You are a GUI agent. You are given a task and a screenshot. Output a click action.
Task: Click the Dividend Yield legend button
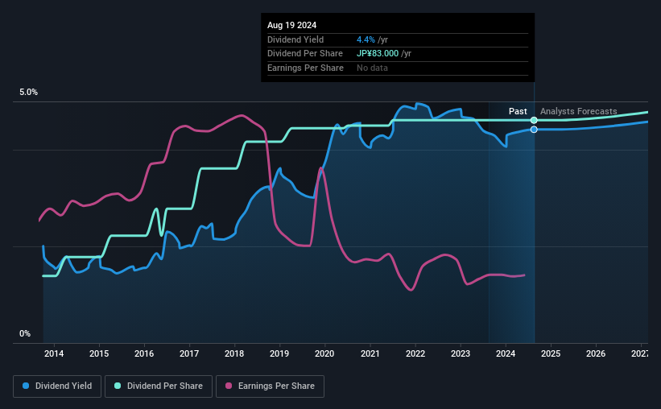click(x=58, y=386)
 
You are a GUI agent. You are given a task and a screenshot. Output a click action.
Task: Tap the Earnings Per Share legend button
click(x=270, y=386)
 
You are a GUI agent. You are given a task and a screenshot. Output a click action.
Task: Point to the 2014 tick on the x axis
click(x=54, y=353)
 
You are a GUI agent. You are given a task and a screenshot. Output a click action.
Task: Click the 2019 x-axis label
click(x=279, y=353)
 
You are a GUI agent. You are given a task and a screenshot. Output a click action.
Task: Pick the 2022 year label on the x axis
click(x=415, y=353)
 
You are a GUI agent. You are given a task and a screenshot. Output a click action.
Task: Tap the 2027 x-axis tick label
click(x=640, y=353)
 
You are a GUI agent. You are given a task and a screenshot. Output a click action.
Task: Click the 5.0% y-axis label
click(x=29, y=93)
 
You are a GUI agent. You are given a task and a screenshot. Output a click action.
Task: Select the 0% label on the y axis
click(x=25, y=333)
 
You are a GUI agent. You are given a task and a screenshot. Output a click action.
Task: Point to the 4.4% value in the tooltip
click(x=365, y=39)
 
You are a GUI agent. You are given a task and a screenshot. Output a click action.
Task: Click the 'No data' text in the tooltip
click(x=372, y=68)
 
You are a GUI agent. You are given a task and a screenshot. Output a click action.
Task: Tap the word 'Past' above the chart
click(x=518, y=111)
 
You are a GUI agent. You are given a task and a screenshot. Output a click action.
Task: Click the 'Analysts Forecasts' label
click(x=579, y=111)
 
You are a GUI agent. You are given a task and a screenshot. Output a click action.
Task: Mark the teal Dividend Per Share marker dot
click(x=534, y=120)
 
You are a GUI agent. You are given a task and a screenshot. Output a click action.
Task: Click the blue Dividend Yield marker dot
click(x=534, y=130)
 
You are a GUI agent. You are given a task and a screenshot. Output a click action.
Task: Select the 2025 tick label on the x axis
click(x=551, y=353)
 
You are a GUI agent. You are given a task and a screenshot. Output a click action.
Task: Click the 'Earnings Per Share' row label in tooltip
click(x=305, y=68)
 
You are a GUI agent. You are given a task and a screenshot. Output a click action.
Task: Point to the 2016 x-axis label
click(x=144, y=353)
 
